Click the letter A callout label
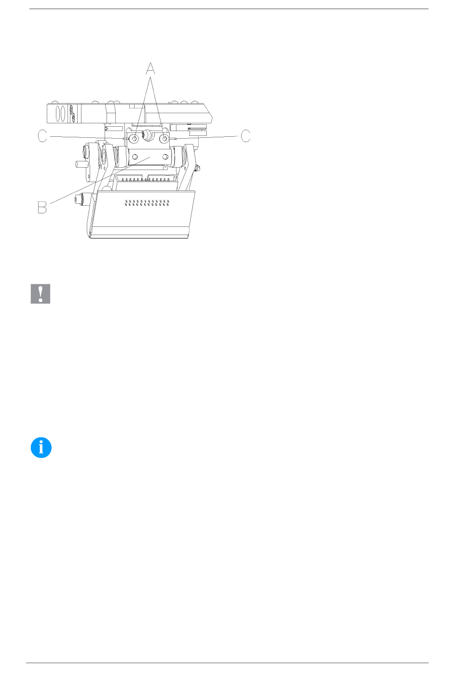point(150,68)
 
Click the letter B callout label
point(42,207)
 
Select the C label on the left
point(42,136)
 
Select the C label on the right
point(245,136)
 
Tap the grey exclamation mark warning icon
point(40,293)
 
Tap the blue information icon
point(41,448)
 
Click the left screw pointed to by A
point(134,139)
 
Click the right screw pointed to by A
point(164,139)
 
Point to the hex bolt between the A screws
point(148,134)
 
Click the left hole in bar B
point(135,157)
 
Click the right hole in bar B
point(165,157)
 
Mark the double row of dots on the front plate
point(147,203)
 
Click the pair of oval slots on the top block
point(60,113)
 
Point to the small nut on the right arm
point(197,169)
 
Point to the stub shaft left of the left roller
point(81,164)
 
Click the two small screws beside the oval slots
point(72,113)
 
